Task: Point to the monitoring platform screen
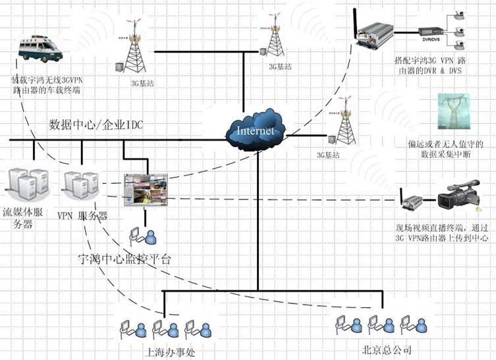pyautogui.click(x=146, y=190)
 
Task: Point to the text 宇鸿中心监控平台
pyautogui.click(x=124, y=258)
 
